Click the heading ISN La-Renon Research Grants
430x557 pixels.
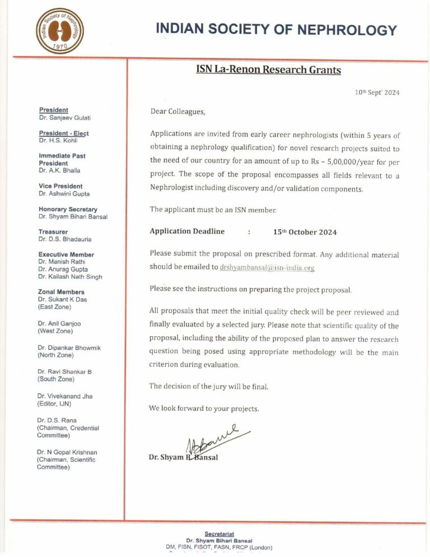(268, 70)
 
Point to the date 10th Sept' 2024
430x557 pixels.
(377, 92)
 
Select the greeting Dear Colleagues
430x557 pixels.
(178, 112)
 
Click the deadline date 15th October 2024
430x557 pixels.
(305, 232)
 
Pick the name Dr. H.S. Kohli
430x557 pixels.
(58, 141)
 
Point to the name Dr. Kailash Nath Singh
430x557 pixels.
(70, 277)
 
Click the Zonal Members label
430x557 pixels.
(61, 292)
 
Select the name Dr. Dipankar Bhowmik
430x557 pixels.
(69, 347)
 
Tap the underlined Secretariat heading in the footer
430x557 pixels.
(219, 534)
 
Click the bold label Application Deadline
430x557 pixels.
(187, 231)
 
